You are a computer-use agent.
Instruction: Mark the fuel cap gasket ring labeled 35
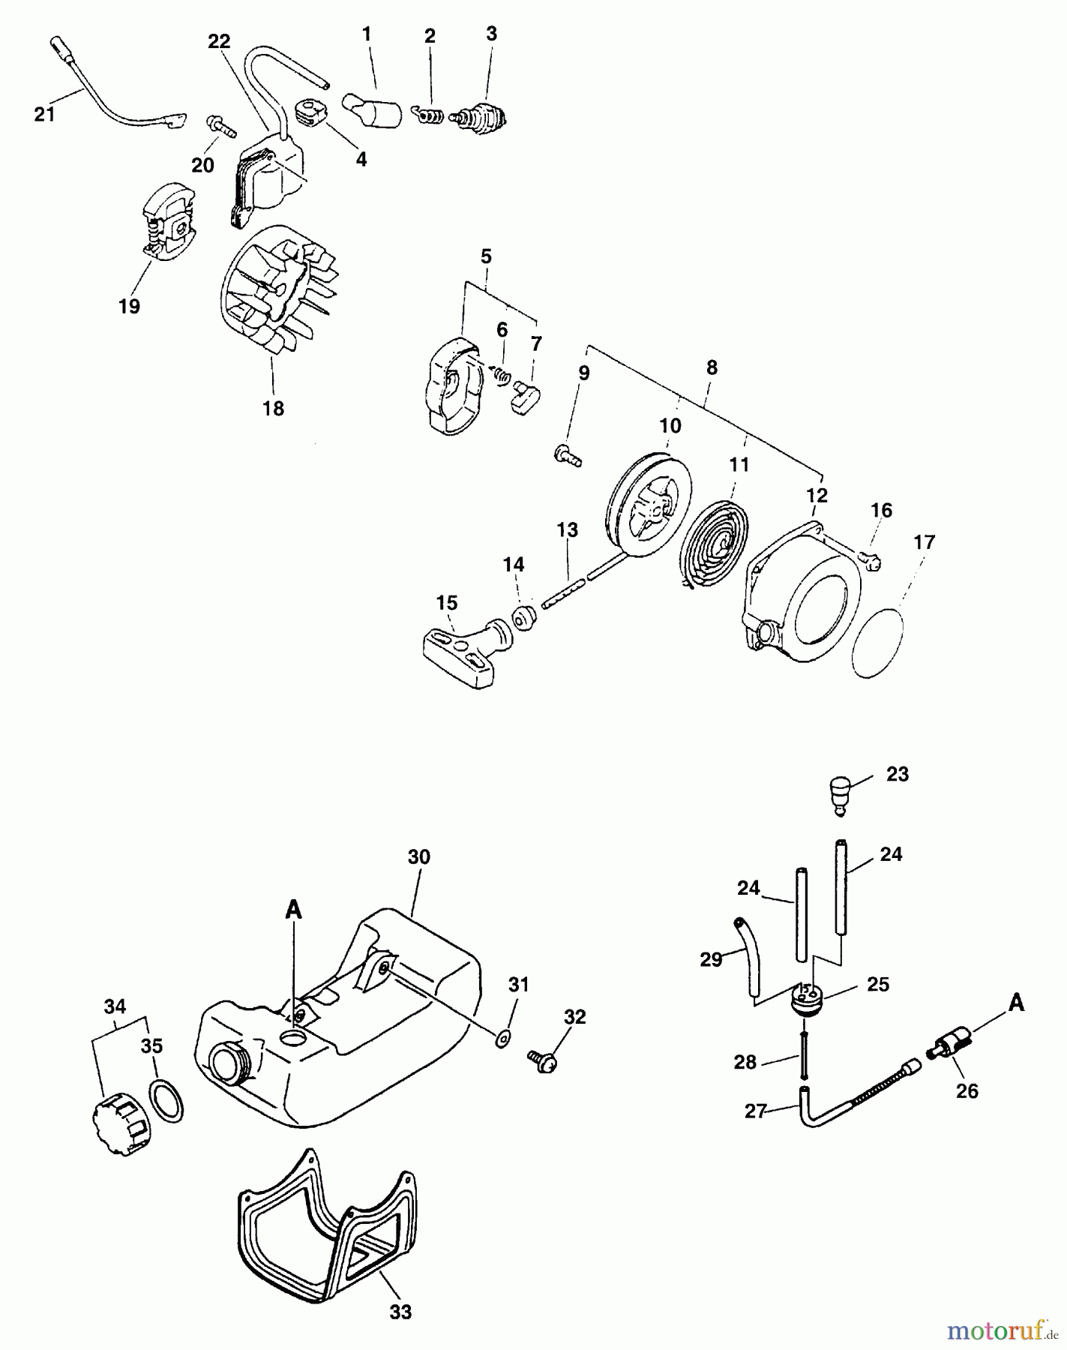167,1101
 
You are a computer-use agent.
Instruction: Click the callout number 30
418,857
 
